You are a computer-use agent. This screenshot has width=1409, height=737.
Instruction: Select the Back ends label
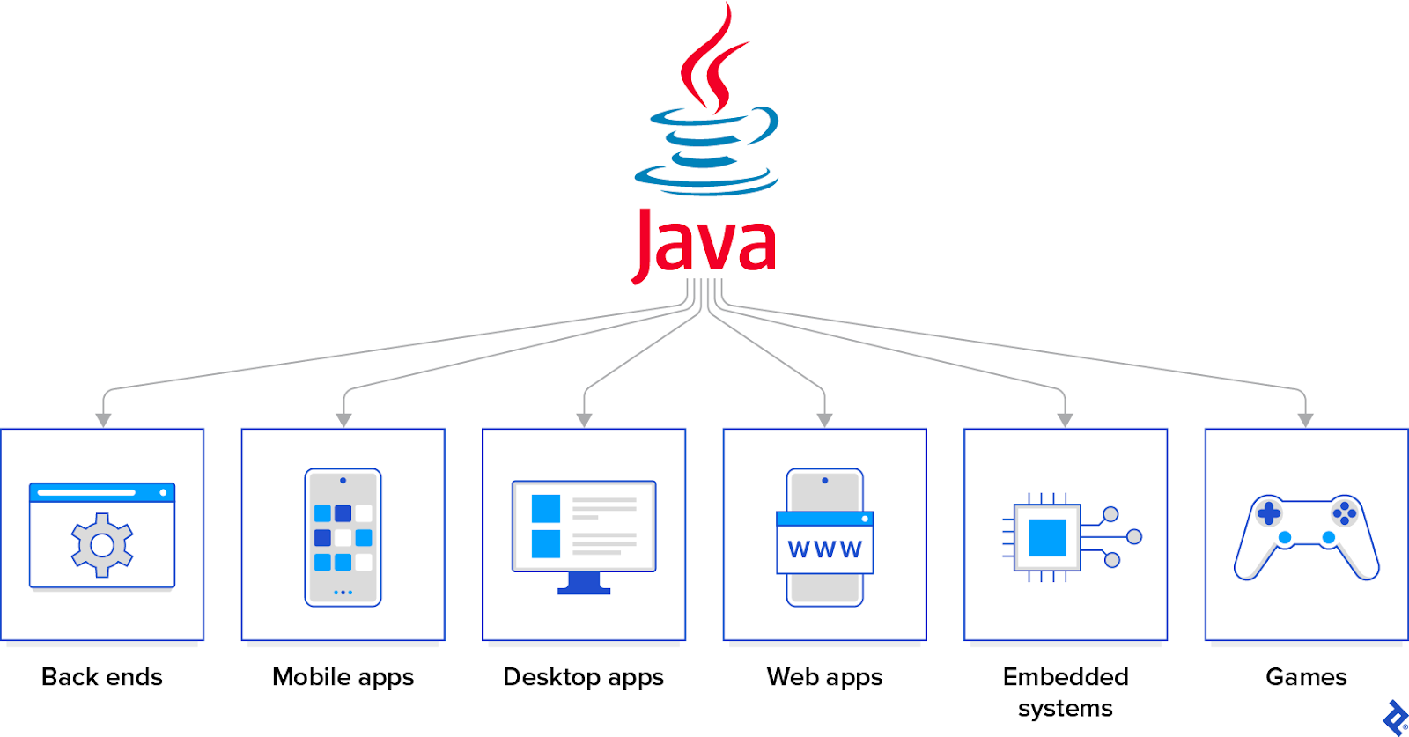pyautogui.click(x=102, y=677)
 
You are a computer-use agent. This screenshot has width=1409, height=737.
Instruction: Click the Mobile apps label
pyautogui.click(x=343, y=677)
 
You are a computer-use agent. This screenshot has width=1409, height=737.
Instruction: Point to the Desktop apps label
pyautogui.click(x=583, y=677)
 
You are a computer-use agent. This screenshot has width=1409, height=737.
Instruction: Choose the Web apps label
pyautogui.click(x=824, y=677)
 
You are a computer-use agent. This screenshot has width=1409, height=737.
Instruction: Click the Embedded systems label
pyautogui.click(x=1065, y=692)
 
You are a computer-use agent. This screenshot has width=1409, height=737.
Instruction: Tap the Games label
pyautogui.click(x=1306, y=677)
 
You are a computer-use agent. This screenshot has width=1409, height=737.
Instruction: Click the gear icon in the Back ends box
pyautogui.click(x=102, y=545)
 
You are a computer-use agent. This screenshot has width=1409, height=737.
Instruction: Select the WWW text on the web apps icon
pyautogui.click(x=824, y=550)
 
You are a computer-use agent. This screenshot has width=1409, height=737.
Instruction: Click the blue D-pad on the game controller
pyautogui.click(x=1269, y=512)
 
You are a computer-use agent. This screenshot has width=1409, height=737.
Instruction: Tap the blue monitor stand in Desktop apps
pyautogui.click(x=584, y=584)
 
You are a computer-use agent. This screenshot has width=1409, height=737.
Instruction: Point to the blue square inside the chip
pyautogui.click(x=1047, y=537)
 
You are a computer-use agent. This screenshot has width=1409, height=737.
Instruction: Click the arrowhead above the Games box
pyautogui.click(x=1305, y=421)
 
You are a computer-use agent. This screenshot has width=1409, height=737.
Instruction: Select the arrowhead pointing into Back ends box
pyautogui.click(x=103, y=421)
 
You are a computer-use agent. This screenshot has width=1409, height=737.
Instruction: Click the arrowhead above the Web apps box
pyautogui.click(x=824, y=421)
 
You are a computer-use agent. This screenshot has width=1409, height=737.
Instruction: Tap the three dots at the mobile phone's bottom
pyautogui.click(x=343, y=593)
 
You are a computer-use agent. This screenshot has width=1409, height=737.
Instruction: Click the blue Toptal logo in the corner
pyautogui.click(x=1395, y=717)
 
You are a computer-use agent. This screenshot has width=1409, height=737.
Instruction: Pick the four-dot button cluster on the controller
pyautogui.click(x=1344, y=512)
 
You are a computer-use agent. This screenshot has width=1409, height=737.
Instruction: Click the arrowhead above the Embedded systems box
pyautogui.click(x=1065, y=421)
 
